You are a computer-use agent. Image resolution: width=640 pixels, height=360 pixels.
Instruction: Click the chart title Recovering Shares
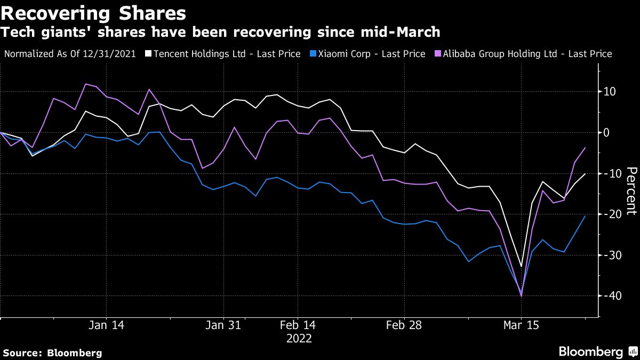click(94, 12)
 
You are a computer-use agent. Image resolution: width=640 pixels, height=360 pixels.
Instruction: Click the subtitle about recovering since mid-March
click(221, 33)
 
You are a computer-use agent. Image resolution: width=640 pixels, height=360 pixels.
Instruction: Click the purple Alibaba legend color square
click(438, 54)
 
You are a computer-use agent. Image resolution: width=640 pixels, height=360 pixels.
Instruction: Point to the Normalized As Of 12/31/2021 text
click(70, 54)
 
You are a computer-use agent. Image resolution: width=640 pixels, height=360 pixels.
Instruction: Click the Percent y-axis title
click(631, 190)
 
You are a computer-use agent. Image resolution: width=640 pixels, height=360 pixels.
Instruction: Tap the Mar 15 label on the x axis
click(521, 325)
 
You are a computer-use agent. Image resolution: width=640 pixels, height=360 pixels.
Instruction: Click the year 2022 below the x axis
click(299, 338)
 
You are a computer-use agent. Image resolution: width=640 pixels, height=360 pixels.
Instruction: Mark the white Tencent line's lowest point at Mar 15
click(521, 266)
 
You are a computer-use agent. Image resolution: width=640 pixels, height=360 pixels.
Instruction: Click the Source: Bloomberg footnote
click(52, 353)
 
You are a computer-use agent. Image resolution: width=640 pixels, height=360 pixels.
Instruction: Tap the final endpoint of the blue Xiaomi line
click(586, 216)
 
